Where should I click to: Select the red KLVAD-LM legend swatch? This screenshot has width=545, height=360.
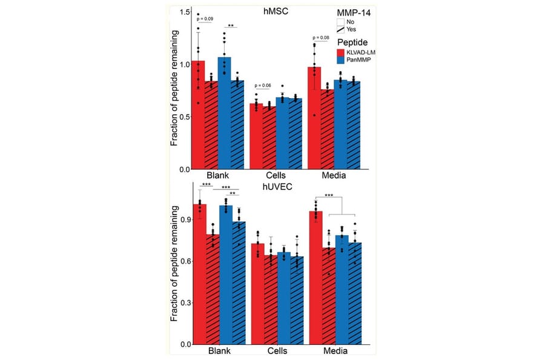[x=340, y=53]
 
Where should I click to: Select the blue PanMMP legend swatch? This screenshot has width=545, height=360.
[x=340, y=61]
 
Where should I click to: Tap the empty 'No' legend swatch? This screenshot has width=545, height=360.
[x=340, y=21]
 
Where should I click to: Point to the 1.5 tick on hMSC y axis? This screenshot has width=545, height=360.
[x=185, y=13]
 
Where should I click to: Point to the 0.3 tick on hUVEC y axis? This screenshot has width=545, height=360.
[x=185, y=302]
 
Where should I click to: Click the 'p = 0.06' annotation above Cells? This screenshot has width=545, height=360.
[x=265, y=85]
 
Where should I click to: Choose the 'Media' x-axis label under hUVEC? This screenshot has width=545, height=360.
[x=334, y=351]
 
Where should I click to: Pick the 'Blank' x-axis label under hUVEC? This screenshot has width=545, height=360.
[x=217, y=351]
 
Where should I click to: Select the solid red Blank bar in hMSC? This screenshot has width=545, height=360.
[x=198, y=115]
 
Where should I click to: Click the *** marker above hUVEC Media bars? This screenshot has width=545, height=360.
[x=329, y=195]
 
